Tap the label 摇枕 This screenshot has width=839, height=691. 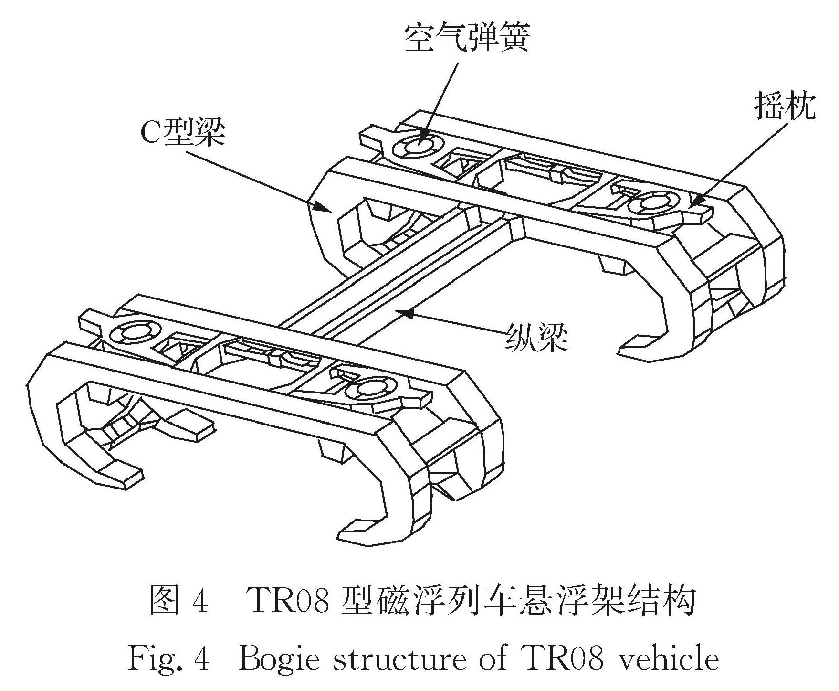click(x=785, y=107)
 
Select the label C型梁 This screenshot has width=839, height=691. click(x=182, y=134)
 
